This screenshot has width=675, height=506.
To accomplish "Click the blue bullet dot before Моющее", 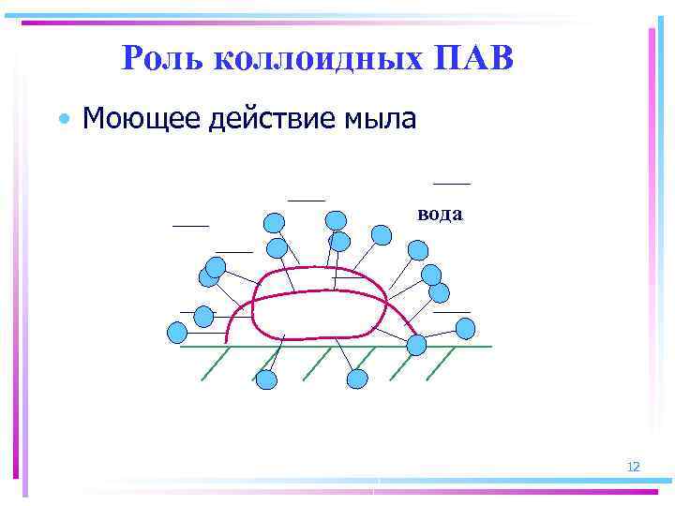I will pos(63,120).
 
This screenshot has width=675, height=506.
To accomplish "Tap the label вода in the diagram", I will pos(440,214).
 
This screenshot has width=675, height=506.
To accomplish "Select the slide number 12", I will pos(633,467).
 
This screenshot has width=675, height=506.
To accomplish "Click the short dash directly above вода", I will pos(452,182).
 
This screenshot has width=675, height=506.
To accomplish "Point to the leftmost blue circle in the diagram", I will pos(176,331).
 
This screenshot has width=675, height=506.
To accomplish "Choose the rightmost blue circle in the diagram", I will pos(465,327).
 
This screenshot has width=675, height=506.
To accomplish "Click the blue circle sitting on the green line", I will pos(416,345).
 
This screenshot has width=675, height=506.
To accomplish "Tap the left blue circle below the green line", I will pos(266,379).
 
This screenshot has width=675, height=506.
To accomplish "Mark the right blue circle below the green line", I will pos(357,379).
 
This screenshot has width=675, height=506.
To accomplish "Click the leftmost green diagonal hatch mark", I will pos(216,364).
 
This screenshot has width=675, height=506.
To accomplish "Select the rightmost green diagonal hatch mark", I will pos(441,364).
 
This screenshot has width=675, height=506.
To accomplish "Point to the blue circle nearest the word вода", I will pos(418,250).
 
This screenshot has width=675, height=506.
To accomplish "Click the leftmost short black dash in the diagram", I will pos(190,226).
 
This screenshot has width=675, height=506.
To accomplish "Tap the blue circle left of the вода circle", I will pos(382,234).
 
